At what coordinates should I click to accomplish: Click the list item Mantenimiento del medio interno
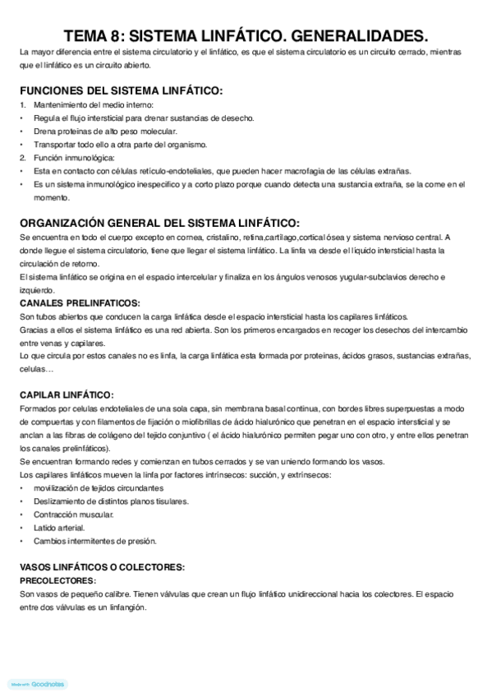coord(93,104)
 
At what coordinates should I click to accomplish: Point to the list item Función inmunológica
coord(74,157)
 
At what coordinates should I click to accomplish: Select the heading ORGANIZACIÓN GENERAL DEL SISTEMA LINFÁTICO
coord(159,223)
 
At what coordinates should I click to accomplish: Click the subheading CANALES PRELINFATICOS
coord(80,303)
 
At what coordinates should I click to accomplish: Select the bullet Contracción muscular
coord(74,514)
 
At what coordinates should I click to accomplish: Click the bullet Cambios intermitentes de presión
coord(94,540)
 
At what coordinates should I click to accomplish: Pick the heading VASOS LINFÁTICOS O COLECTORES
coord(102,567)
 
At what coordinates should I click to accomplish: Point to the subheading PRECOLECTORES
coord(57,579)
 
